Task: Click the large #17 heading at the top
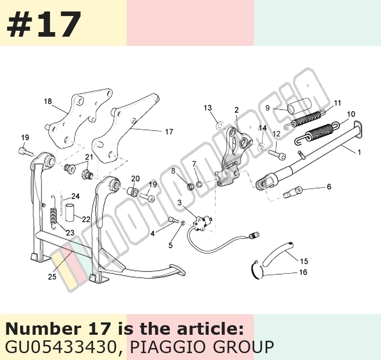tap(44, 23)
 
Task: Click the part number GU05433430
tap(60, 347)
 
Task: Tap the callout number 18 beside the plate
tap(48, 101)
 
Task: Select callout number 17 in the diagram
tap(169, 132)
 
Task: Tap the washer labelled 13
tap(219, 125)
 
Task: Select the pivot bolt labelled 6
tap(293, 192)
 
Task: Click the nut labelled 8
tap(190, 187)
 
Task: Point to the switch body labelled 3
tap(202, 222)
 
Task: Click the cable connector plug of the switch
tap(254, 234)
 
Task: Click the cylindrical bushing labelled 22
tap(70, 212)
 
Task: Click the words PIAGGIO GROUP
tap(202, 347)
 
